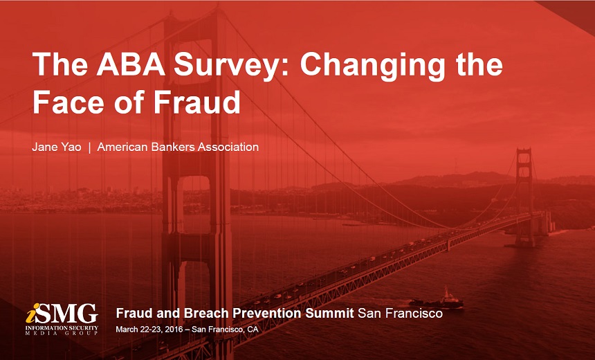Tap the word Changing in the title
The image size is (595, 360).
click(371, 65)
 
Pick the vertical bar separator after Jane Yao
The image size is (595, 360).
click(90, 147)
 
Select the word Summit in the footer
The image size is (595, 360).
click(328, 313)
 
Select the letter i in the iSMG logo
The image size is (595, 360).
click(32, 313)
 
